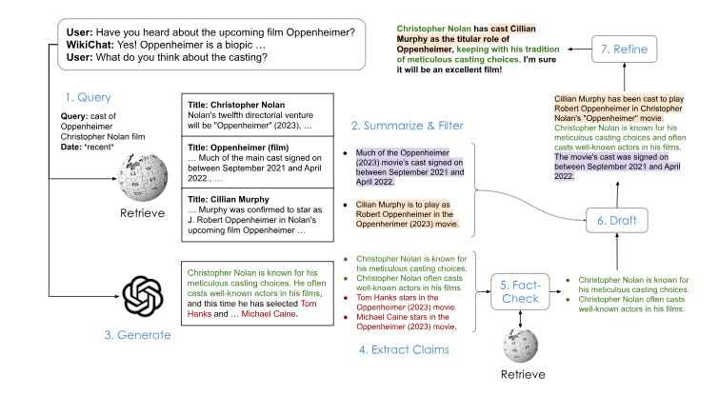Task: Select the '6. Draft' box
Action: tap(616, 221)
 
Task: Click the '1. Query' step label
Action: tap(89, 97)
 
